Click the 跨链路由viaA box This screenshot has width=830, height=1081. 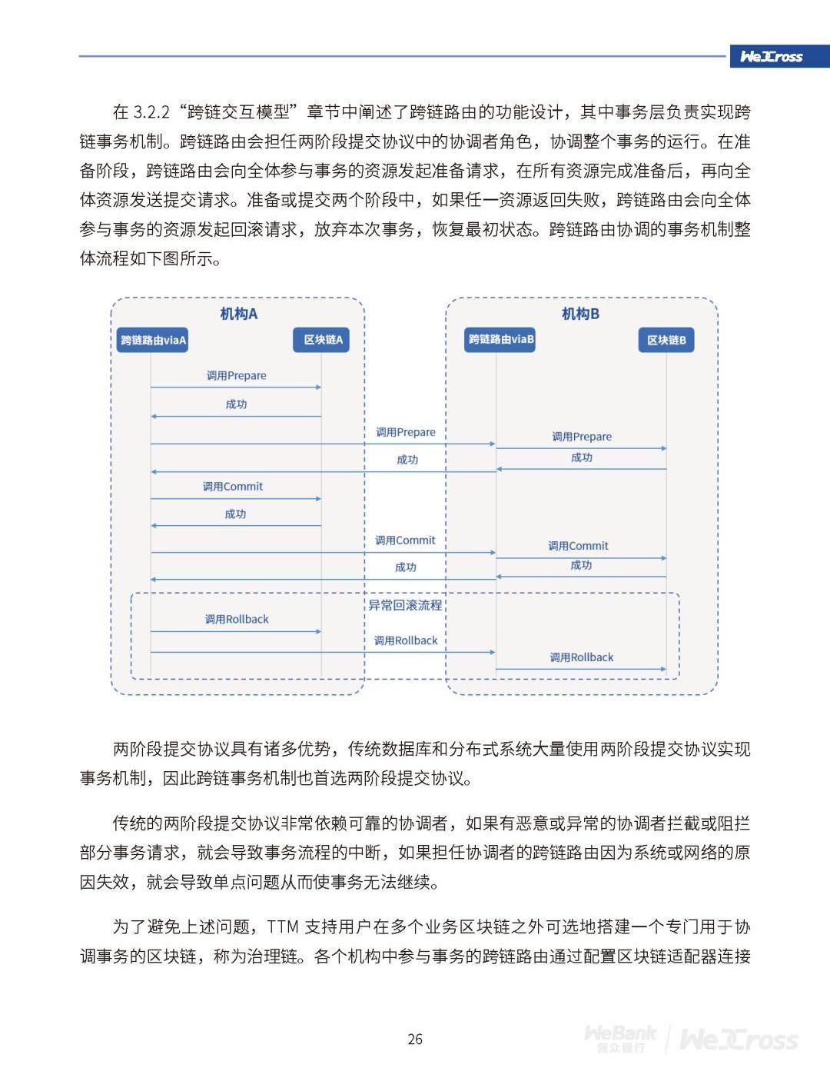153,340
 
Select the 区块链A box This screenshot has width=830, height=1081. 322,340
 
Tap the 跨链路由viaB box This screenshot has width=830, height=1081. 501,339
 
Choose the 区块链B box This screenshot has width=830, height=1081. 666,340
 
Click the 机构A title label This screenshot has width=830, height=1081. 238,314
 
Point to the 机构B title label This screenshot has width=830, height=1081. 580,314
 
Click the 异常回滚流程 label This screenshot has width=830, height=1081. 405,605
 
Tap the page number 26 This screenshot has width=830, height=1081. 415,1039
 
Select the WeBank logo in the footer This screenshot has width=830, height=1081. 620,1039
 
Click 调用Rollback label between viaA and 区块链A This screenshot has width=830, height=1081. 237,619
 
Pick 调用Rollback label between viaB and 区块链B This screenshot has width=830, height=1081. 582,657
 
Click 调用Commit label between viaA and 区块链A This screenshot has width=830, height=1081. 233,487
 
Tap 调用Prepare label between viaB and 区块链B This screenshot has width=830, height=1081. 582,437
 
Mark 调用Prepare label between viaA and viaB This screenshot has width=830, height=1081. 406,432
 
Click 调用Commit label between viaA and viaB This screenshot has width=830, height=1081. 405,540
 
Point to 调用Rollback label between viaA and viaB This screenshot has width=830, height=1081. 406,640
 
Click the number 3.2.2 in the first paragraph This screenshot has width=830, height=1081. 151,112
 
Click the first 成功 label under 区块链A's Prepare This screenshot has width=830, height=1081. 236,404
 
